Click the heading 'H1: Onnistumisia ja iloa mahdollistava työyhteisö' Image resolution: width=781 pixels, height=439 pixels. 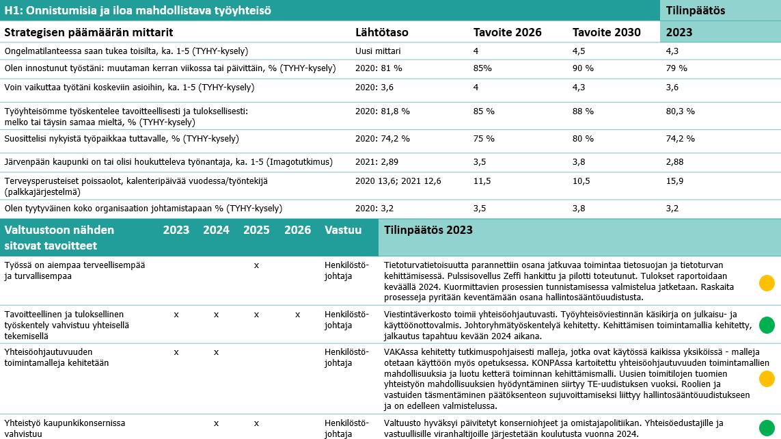pos(137,10)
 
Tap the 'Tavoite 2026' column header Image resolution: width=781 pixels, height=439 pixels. pos(507,32)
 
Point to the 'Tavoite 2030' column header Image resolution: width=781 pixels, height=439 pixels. pos(606,32)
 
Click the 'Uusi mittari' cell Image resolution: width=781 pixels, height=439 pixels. pos(378,51)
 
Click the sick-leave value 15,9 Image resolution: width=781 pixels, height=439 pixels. pos(675,181)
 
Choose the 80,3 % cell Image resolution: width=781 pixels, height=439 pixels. pos(681,111)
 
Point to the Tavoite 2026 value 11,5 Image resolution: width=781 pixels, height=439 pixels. pos(483,181)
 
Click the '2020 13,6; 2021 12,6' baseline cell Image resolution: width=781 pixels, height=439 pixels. pos(398,181)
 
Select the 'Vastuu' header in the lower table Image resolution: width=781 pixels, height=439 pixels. pos(343,230)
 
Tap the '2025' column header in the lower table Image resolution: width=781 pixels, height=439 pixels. pos(256,230)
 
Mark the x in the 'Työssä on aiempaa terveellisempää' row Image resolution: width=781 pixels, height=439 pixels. pos(256,265)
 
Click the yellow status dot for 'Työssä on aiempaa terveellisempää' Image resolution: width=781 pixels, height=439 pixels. pos(767,282)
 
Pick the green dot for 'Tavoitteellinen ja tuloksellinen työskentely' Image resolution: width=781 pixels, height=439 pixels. pos(767,325)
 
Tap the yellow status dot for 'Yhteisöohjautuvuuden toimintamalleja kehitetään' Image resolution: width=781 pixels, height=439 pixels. pos(767,378)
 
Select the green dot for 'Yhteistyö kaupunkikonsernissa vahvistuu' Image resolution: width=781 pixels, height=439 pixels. pos(767,427)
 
